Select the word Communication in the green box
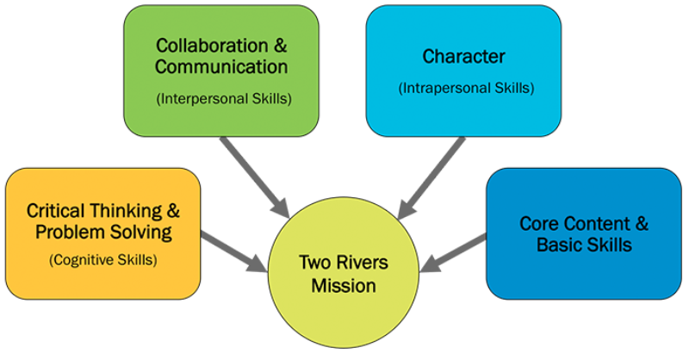[x=222, y=66]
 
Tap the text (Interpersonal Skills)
[x=223, y=98]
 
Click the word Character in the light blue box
[x=463, y=57]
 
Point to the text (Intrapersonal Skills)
[x=464, y=88]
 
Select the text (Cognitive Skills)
[x=101, y=259]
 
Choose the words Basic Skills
[x=584, y=245]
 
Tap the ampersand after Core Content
[x=641, y=224]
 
